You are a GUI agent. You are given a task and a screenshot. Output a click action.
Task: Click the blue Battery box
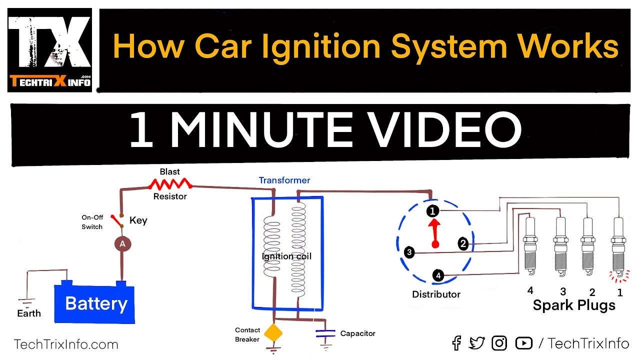(94, 303)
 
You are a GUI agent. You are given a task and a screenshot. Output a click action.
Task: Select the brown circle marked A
(122, 244)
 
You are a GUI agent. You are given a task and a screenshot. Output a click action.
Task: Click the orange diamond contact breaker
(273, 333)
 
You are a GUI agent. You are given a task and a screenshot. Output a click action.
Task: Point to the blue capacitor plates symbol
(325, 333)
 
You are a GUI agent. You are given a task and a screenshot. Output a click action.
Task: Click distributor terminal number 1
(432, 211)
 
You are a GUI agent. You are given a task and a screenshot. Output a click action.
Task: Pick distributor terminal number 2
(463, 243)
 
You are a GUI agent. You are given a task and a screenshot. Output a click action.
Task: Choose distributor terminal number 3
(409, 252)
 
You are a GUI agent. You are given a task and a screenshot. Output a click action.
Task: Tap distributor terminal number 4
(438, 275)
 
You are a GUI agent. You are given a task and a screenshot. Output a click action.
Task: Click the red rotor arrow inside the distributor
(434, 233)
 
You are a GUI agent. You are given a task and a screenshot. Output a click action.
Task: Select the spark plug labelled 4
(530, 245)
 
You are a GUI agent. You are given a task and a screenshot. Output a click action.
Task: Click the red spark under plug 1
(619, 276)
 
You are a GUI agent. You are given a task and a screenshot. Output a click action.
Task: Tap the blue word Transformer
(284, 180)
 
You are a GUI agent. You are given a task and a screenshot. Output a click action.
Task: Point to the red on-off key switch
(117, 220)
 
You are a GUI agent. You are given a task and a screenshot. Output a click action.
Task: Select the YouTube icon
(523, 343)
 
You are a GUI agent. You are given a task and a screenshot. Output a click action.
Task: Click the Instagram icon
(499, 343)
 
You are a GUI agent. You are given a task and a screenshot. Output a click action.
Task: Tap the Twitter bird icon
(476, 343)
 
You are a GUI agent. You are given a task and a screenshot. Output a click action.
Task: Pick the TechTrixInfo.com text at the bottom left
(66, 344)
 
